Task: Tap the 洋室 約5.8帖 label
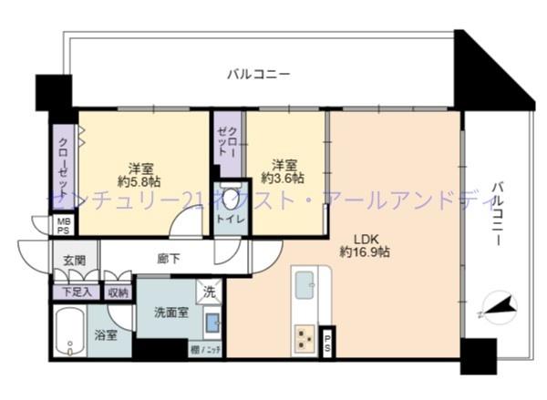pos(139,174)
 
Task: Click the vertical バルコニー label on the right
pos(497,214)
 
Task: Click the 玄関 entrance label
pos(74,261)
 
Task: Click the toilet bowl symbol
pos(231,199)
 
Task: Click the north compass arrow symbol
pos(498,308)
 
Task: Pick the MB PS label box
pos(63,226)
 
